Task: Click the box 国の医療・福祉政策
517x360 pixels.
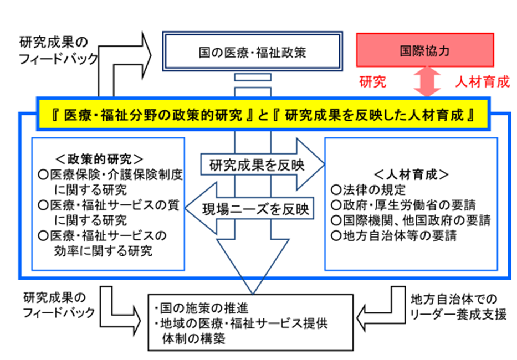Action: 252,53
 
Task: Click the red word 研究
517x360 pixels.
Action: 373,83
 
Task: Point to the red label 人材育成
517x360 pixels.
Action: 482,83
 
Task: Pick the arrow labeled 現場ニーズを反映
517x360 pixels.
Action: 252,210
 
